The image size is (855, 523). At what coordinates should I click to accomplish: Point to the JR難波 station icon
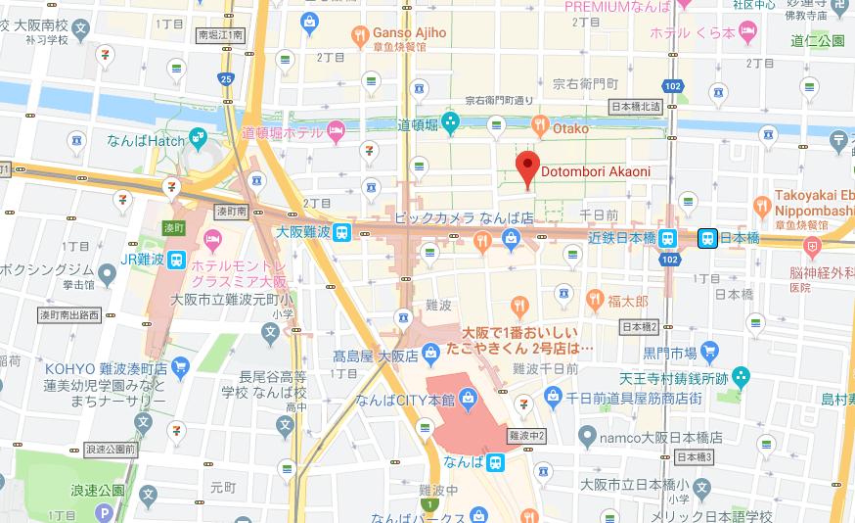click(x=177, y=260)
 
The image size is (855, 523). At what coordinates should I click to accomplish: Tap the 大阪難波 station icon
click(x=341, y=233)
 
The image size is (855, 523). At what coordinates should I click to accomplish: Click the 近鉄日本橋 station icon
click(x=667, y=237)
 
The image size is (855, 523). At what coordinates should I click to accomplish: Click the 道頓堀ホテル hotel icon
click(x=337, y=129)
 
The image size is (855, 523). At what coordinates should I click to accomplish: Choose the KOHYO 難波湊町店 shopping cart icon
click(x=180, y=366)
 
